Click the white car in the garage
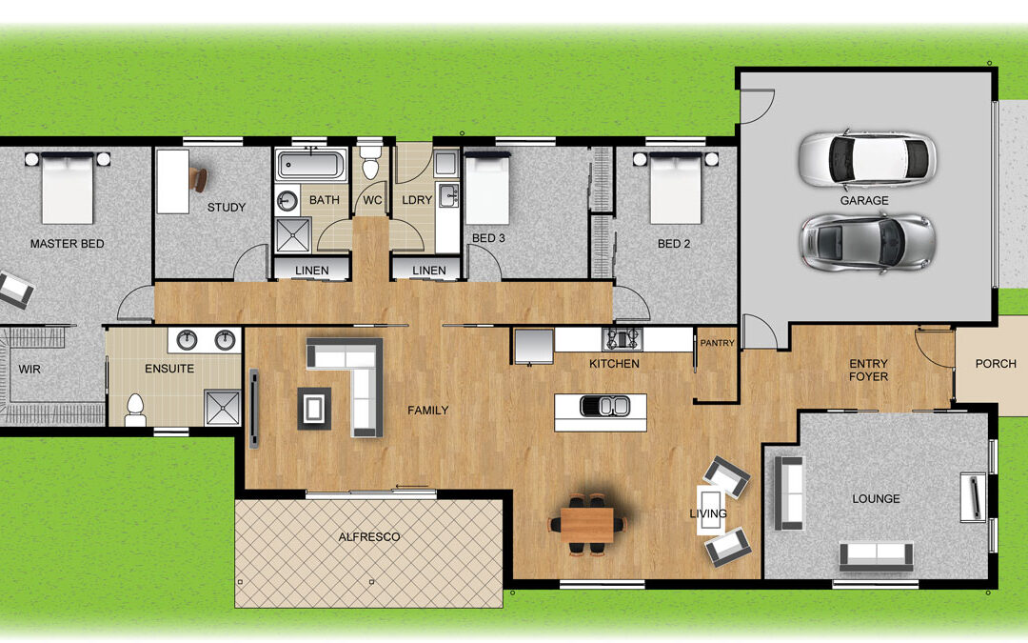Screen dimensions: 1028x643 pyautogui.click(x=867, y=159)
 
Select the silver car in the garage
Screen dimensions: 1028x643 pyautogui.click(x=867, y=242)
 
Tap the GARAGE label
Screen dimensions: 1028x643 pyautogui.click(x=864, y=201)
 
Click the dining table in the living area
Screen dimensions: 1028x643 pyautogui.click(x=587, y=524)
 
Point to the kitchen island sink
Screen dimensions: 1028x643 pyautogui.click(x=604, y=407)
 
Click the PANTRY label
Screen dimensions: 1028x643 pyautogui.click(x=718, y=343)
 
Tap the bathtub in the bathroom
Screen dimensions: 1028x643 pyautogui.click(x=310, y=165)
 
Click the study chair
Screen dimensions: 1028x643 pyautogui.click(x=198, y=178)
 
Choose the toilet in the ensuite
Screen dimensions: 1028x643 pyautogui.click(x=135, y=410)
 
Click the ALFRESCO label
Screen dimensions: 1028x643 pyautogui.click(x=369, y=536)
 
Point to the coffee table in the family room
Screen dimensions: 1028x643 pyautogui.click(x=314, y=409)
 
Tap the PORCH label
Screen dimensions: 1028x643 pyautogui.click(x=996, y=364)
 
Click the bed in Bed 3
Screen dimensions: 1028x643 pyautogui.click(x=487, y=189)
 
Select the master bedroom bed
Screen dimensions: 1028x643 pyautogui.click(x=68, y=188)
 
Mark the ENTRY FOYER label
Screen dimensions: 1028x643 pyautogui.click(x=869, y=370)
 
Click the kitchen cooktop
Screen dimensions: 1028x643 pyautogui.click(x=621, y=338)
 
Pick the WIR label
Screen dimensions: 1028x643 pyautogui.click(x=30, y=370)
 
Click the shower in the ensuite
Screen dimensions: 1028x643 pyautogui.click(x=222, y=408)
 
